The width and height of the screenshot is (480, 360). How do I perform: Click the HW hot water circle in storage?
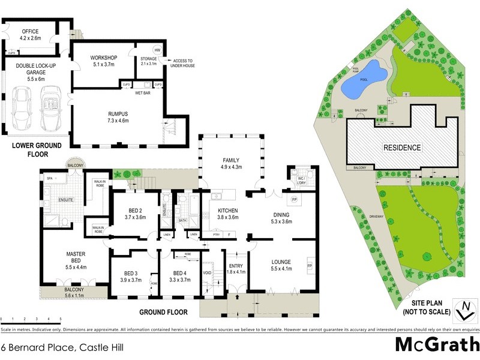tap(157, 50)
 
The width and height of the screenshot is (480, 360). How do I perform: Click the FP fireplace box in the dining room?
tap(294, 199)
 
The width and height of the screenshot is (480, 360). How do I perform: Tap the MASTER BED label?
tap(76, 258)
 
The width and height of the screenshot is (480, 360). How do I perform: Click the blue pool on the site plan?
tap(362, 79)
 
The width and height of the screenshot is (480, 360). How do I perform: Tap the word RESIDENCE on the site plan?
tap(402, 148)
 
